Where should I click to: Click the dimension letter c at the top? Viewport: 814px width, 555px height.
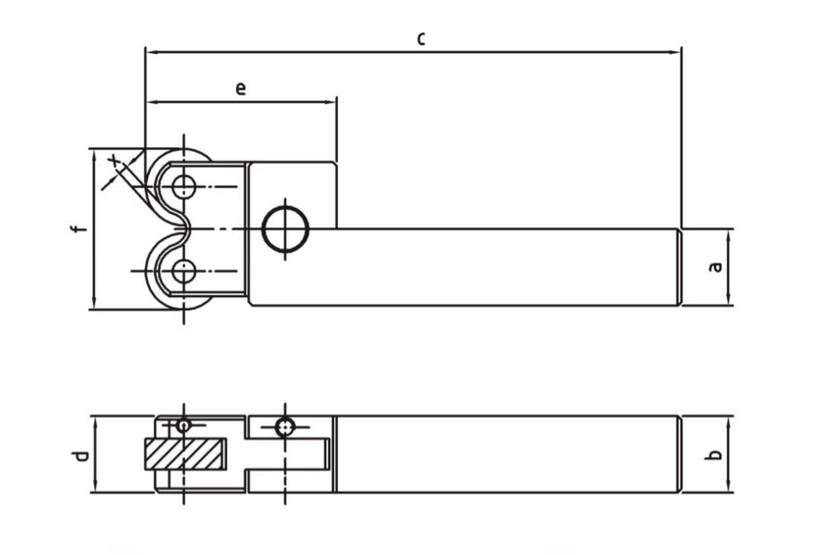tap(421, 38)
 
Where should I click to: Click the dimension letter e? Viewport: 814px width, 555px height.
tap(240, 88)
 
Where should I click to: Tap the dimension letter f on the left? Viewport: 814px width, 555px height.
tap(77, 228)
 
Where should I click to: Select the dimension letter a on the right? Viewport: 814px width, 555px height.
tap(715, 267)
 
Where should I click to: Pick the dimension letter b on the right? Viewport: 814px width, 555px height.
tap(715, 455)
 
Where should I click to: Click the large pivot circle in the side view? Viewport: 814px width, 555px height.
tap(285, 228)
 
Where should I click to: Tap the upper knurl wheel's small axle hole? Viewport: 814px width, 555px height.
tap(184, 186)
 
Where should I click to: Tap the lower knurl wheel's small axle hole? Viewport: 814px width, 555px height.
tap(184, 271)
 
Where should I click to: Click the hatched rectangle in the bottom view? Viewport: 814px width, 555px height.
tap(185, 454)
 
